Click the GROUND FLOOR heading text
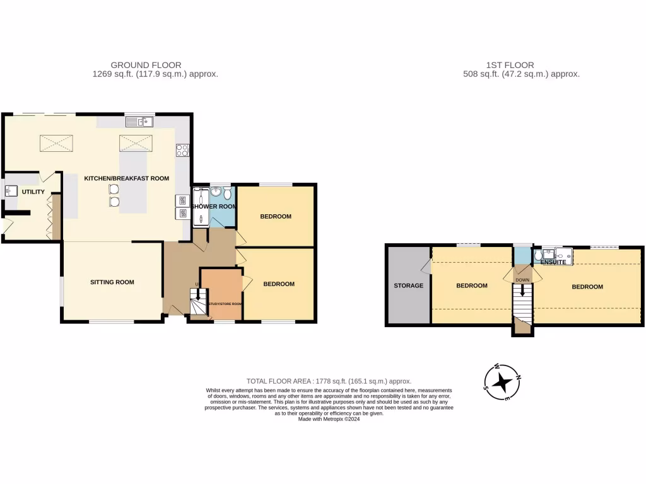coord(146,65)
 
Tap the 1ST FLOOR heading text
coord(510,65)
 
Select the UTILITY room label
coord(33,192)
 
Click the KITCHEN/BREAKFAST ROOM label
coord(127,178)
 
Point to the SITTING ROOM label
coord(112,282)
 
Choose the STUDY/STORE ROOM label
coord(225,304)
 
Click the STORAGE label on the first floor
coord(409,285)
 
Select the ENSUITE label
coord(553,262)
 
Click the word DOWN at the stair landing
coord(522,280)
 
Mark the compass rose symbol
coord(502,383)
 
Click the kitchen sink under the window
coord(139,122)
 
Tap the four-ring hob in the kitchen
coord(183,150)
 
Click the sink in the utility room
coord(12,189)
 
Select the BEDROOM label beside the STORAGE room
coord(472,285)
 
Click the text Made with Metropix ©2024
coord(329,419)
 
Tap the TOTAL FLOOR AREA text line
coord(329,381)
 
